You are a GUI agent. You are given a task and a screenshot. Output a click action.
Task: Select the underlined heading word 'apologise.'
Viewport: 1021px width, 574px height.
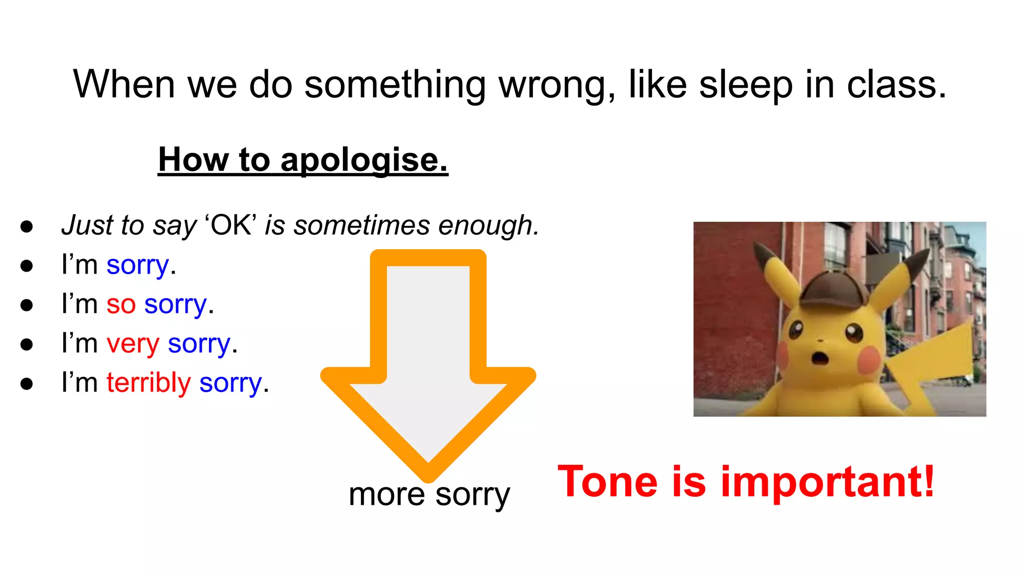pyautogui.click(x=364, y=160)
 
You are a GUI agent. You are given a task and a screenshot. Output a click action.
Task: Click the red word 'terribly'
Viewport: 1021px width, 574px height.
pyautogui.click(x=149, y=383)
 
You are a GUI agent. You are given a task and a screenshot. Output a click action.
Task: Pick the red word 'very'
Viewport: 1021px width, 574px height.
pyautogui.click(x=133, y=344)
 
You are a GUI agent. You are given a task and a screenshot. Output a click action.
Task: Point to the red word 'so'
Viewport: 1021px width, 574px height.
pyautogui.click(x=121, y=304)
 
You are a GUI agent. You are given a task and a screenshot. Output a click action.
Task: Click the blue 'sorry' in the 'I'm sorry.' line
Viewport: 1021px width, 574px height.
pyautogui.click(x=138, y=265)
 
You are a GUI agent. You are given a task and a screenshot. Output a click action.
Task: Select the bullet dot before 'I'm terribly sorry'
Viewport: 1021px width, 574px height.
pyautogui.click(x=27, y=384)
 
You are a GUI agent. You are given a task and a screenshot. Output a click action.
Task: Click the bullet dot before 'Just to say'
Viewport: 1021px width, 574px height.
pyautogui.click(x=27, y=226)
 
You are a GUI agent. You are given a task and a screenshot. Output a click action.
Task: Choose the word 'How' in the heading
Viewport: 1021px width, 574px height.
pyautogui.click(x=193, y=160)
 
